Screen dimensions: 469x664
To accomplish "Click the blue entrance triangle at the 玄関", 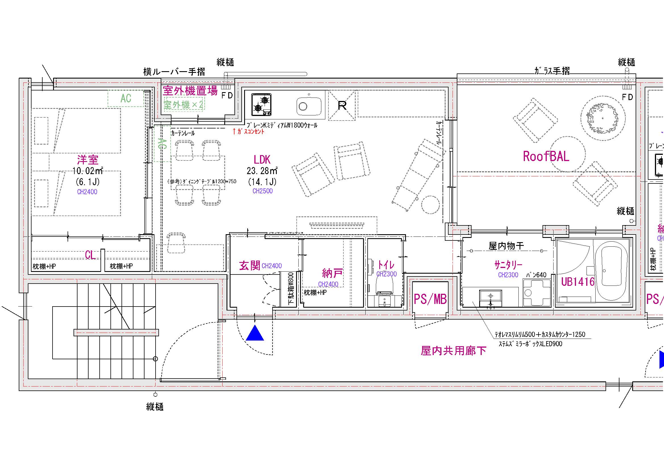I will pyautogui.click(x=255, y=333).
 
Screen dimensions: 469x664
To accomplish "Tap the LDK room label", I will pyautogui.click(x=262, y=160).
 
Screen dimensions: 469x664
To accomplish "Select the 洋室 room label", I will pyautogui.click(x=88, y=160).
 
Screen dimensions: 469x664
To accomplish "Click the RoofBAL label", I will pyautogui.click(x=546, y=156).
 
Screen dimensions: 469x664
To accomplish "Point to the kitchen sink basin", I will pyautogui.click(x=309, y=106).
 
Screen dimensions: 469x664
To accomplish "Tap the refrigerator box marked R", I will pyautogui.click(x=342, y=105).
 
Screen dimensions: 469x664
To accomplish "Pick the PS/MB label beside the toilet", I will pyautogui.click(x=430, y=299).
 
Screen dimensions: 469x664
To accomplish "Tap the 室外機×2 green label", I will pyautogui.click(x=183, y=105).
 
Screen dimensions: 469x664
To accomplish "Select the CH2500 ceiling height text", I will pyautogui.click(x=262, y=191).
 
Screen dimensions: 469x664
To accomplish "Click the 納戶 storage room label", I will pyautogui.click(x=333, y=272).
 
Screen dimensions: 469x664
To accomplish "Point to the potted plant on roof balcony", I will pyautogui.click(x=603, y=118).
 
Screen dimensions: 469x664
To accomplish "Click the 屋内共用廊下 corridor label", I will pyautogui.click(x=453, y=351).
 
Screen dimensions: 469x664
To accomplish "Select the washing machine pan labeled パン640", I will pyautogui.click(x=537, y=292).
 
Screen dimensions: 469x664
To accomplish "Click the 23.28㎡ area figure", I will pyautogui.click(x=262, y=171).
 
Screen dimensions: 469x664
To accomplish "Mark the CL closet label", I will pyautogui.click(x=90, y=255).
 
